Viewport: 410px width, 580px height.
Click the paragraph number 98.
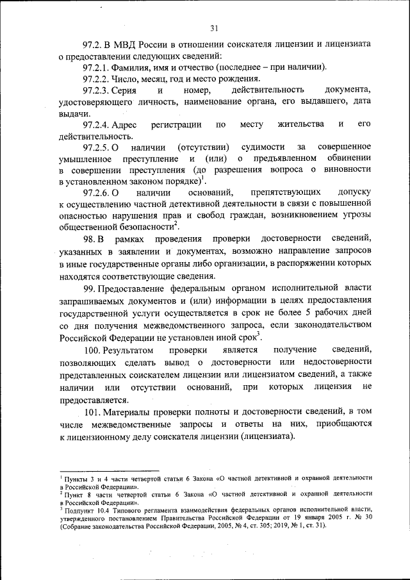[x=90, y=239]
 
